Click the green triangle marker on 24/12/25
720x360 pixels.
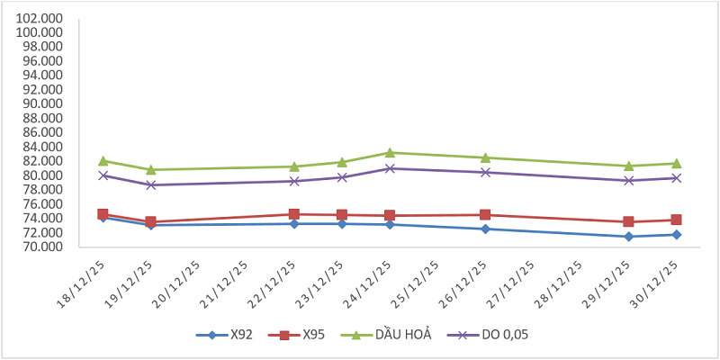coord(390,153)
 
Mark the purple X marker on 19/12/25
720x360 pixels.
coord(151,185)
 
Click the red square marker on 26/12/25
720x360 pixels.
coord(485,215)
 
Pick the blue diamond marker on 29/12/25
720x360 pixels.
coord(628,237)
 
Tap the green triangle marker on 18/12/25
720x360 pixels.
coord(103,161)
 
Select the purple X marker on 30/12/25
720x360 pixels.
coord(676,178)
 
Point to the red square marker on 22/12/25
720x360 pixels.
coord(294,214)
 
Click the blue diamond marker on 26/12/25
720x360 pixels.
coord(485,229)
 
